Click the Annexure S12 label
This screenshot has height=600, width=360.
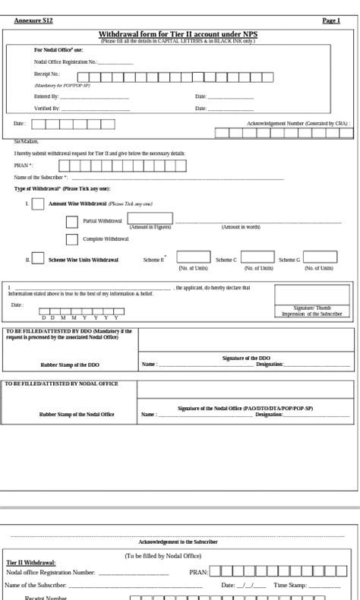click(x=33, y=21)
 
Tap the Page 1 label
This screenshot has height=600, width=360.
click(x=331, y=21)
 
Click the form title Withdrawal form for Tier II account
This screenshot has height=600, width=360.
click(x=178, y=34)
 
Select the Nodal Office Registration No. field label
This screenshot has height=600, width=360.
click(x=65, y=62)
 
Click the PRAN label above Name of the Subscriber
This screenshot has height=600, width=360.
click(x=24, y=166)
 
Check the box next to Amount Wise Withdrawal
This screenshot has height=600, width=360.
click(x=37, y=204)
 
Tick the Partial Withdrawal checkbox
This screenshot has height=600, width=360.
click(x=72, y=222)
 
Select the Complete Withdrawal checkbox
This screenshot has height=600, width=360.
click(x=72, y=239)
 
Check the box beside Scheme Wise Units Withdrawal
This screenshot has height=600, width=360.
click(x=37, y=260)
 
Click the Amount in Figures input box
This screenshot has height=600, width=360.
click(x=150, y=219)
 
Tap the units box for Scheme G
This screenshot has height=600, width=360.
click(x=320, y=257)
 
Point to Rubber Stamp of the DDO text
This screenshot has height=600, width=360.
click(x=70, y=365)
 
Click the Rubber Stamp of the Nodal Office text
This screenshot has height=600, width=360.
click(x=77, y=415)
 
